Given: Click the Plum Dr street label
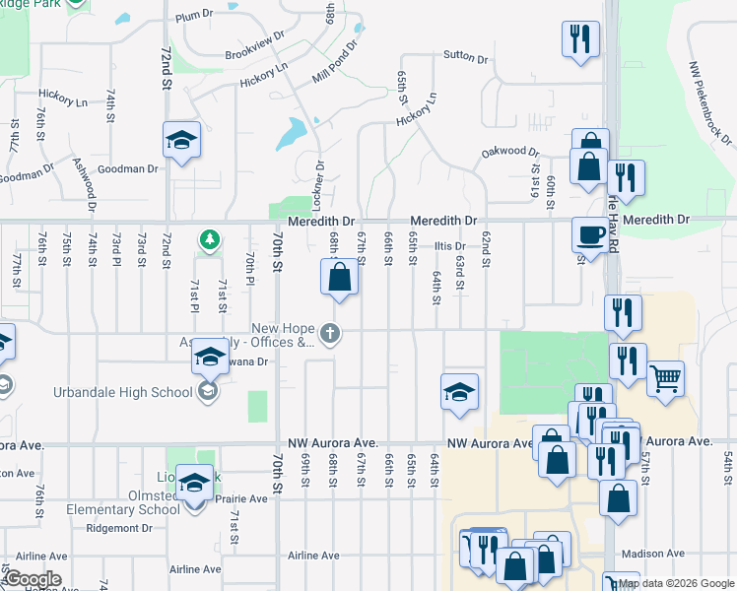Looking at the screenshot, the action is pos(193,16).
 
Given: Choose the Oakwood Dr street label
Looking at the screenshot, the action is pos(510,153).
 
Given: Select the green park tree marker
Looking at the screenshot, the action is pos(209,238).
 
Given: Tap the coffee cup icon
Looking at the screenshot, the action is pos(590,234).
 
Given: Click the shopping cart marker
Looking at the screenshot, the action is pos(666,377).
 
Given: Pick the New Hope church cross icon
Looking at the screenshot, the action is pos(331,335).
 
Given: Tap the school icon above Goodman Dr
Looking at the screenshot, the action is pos(181,140).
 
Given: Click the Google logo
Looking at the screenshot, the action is pos(32,579).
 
